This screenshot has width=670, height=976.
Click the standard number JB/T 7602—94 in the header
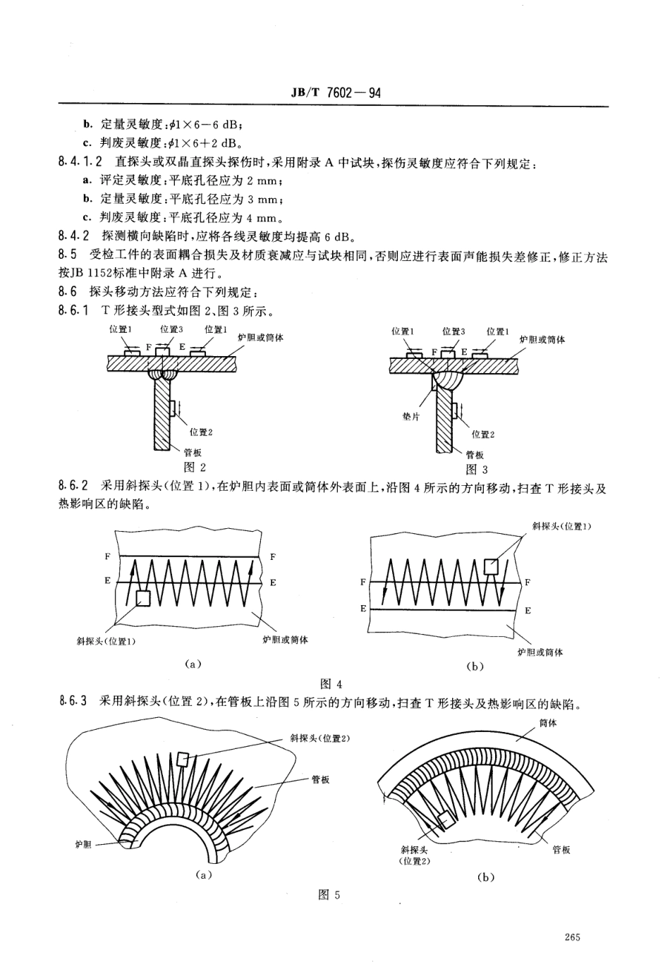(335, 92)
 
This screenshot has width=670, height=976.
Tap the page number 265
(572, 937)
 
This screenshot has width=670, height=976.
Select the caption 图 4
(331, 683)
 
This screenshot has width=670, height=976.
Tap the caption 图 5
(329, 895)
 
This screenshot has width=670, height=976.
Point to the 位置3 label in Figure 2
(171, 329)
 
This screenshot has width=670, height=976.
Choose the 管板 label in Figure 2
(193, 453)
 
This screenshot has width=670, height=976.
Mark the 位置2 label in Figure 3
(483, 434)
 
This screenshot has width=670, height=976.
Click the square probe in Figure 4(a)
(143, 598)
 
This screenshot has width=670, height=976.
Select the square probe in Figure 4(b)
(491, 566)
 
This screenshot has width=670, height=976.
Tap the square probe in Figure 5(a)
(183, 759)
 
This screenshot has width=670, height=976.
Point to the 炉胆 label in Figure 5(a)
(83, 844)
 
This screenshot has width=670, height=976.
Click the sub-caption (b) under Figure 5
(485, 877)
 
